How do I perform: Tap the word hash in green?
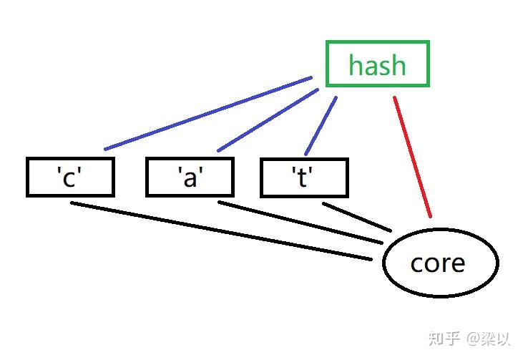coord(377,66)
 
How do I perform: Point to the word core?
coord(437,263)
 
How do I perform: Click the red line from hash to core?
coord(412,156)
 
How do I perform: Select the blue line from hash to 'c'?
coord(207,113)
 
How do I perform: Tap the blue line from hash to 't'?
coord(321,125)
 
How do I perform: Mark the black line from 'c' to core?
coord(222,231)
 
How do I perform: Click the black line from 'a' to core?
coord(300,223)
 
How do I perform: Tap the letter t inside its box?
coord(303,177)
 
